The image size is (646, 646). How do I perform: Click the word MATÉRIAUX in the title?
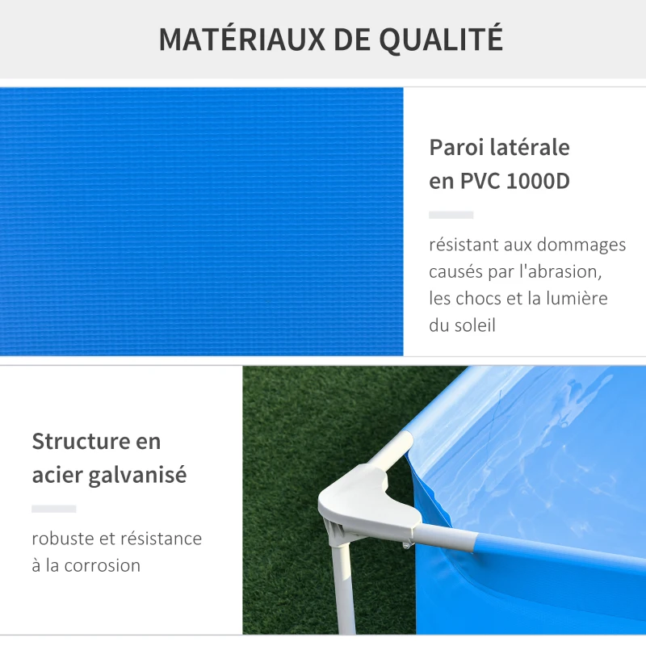(228, 40)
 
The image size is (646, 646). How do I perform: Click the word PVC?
(481, 182)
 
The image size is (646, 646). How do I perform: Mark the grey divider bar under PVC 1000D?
(451, 215)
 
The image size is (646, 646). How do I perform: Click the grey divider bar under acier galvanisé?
(53, 509)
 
